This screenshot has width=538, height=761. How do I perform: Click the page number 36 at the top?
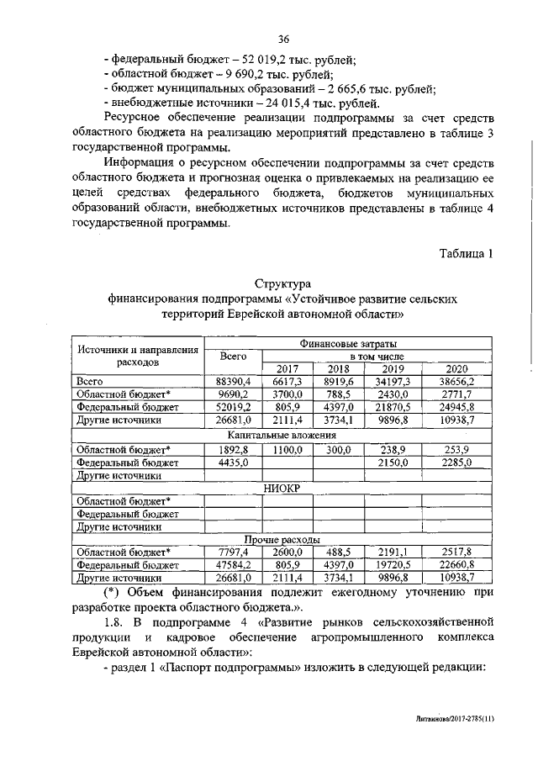coord(284,39)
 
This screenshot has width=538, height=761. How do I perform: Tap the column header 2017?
coord(287,368)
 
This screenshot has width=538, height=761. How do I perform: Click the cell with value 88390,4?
coord(233,382)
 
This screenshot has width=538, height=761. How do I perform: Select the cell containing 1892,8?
coord(233,449)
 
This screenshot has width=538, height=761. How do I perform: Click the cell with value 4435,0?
coord(233,462)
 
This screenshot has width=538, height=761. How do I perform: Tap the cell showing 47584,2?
coord(233,566)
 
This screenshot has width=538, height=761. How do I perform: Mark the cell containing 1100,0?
coord(287,449)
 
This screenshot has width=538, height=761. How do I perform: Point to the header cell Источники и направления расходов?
coord(137,356)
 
